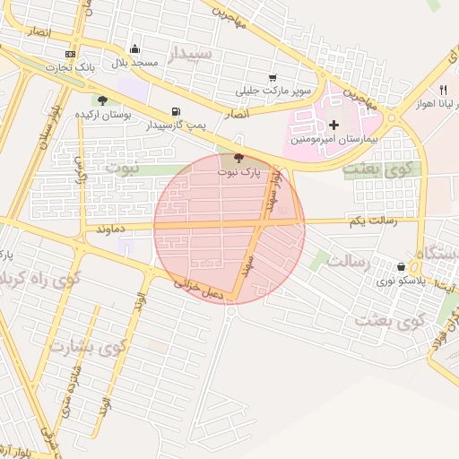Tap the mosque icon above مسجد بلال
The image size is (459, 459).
tap(134, 48)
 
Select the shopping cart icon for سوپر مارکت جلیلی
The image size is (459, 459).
tap(273, 77)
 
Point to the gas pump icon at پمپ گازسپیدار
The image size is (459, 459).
tap(175, 111)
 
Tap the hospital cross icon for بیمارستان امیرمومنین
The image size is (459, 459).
tap(334, 125)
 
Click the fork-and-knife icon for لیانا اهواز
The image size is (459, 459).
tap(443, 90)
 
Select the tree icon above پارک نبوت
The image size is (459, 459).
tap(237, 158)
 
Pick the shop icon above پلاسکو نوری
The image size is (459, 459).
tap(401, 266)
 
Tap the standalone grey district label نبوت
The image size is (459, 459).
tap(123, 167)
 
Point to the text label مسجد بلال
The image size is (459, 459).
tap(134, 63)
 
